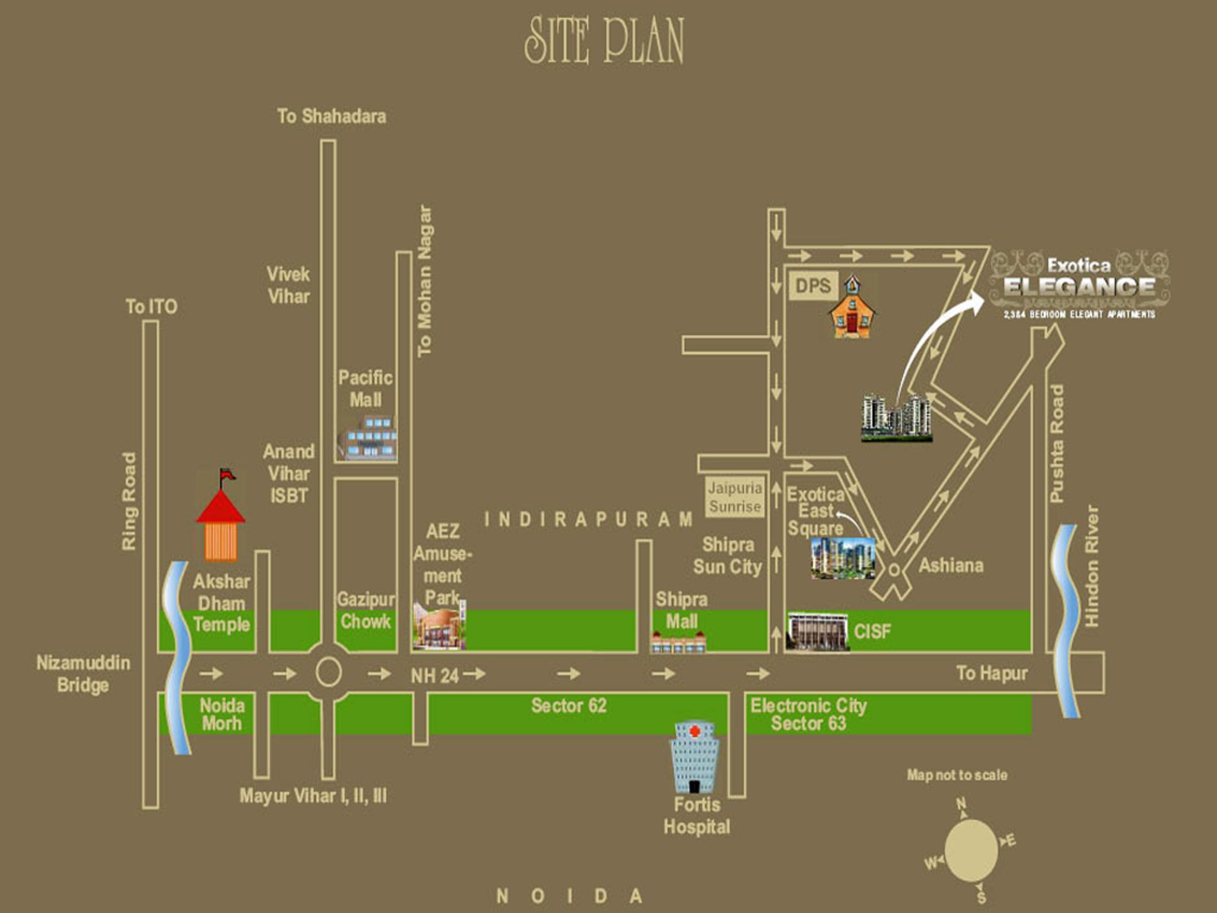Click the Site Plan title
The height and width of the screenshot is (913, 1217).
tap(604, 40)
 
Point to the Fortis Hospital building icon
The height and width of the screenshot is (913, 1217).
tap(693, 758)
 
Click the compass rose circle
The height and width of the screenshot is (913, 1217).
tap(970, 851)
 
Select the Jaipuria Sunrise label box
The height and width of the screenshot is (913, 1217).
tap(734, 497)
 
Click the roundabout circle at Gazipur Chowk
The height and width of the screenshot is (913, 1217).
tap(328, 673)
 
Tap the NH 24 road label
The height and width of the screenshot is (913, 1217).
tap(434, 676)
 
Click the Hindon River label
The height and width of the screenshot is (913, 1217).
tap(1092, 566)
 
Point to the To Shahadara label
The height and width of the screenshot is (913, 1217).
tap(332, 117)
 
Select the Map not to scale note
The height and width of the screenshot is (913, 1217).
tap(957, 775)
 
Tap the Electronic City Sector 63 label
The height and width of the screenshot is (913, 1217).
tap(808, 714)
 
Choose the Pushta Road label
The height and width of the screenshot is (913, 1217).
tap(1056, 443)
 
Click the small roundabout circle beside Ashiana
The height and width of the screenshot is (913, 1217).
tap(894, 570)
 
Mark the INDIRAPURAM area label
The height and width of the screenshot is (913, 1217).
tap(588, 520)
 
